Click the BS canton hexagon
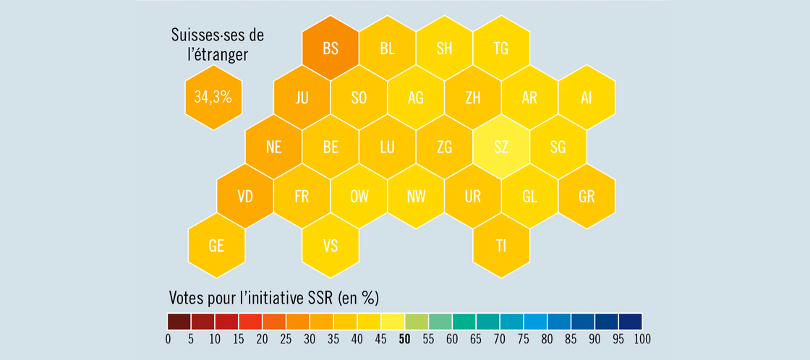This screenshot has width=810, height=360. (x=331, y=48)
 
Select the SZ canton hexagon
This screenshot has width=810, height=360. (x=501, y=147)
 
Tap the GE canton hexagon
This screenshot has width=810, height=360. (x=216, y=245)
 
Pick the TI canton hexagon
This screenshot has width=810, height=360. (x=501, y=245)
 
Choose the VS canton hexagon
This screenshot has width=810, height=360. (x=331, y=245)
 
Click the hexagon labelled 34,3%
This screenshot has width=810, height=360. (x=213, y=97)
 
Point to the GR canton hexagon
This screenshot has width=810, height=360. (x=587, y=196)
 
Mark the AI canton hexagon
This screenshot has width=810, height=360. (x=587, y=98)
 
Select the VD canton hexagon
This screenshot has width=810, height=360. (x=245, y=196)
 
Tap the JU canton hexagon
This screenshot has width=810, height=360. (x=302, y=98)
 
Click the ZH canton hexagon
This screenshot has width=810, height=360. (x=473, y=98)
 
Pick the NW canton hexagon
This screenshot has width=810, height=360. (x=416, y=196)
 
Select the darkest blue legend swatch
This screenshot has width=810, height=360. (x=630, y=321)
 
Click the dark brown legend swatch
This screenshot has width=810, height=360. (x=179, y=321)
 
